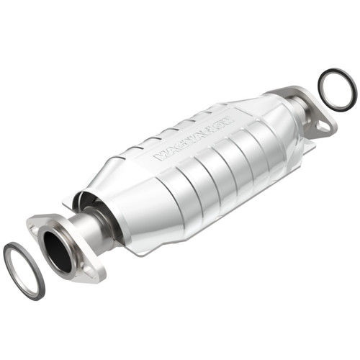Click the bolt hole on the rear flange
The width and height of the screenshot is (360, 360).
pos(322,128)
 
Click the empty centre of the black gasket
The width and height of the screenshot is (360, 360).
pos(336,89)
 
